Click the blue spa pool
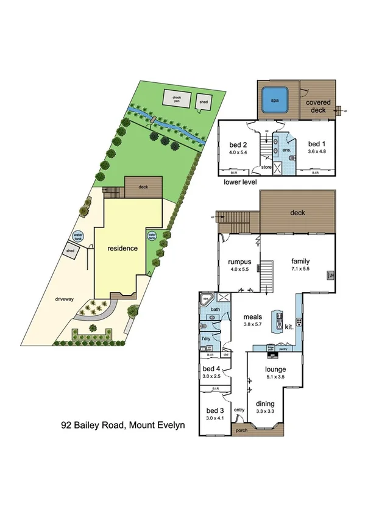coord(274,101)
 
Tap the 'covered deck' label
coord(318,107)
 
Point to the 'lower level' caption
coord(240,182)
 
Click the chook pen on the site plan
coord(177,98)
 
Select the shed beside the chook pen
coord(204,102)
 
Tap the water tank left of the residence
coord(78,235)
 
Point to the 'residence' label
coord(123,249)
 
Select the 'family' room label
coord(300,261)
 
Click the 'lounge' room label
coord(275,369)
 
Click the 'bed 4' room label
coord(211,369)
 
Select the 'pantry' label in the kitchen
coord(283,349)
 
